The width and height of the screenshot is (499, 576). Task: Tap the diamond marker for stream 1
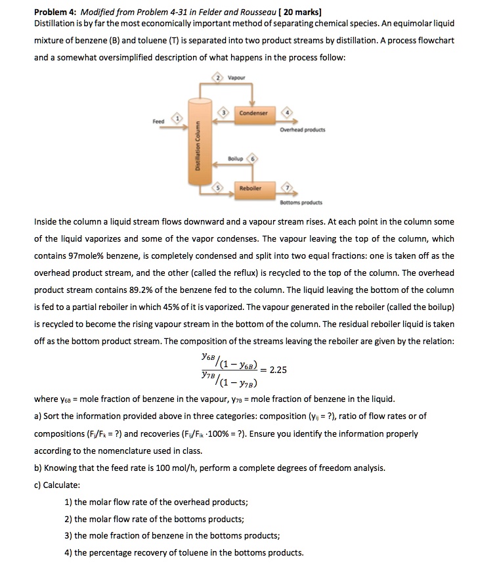(x=176, y=118)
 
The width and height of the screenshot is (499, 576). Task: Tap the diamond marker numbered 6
(x=253, y=160)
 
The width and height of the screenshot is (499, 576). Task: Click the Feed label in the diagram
(x=158, y=120)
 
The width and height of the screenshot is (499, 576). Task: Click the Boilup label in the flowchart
(x=236, y=160)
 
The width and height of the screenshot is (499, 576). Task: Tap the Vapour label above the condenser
(x=236, y=77)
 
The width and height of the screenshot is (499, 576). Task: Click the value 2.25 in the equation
(x=278, y=369)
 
